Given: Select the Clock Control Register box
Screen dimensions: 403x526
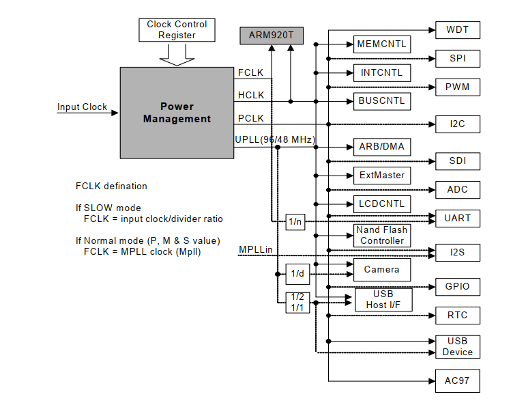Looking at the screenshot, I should pos(177,29).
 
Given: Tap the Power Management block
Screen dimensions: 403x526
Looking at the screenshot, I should pos(177,113).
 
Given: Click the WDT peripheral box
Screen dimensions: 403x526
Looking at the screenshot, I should pos(457,30).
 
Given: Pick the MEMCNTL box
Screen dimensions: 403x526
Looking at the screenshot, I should pos(381,44).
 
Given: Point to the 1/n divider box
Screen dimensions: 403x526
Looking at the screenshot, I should pos(295,221).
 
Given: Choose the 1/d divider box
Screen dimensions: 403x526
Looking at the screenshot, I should pos(297,273).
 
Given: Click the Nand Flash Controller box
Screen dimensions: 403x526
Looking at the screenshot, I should pos(382,236).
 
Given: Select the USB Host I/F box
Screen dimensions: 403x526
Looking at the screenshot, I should pos(383,300).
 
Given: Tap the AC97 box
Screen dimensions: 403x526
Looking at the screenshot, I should pos(457,380).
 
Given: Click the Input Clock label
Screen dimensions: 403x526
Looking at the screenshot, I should pos(82,107).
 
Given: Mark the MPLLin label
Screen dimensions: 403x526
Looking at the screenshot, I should pos(256,249).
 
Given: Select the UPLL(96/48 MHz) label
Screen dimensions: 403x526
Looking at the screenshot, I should pos(275,140).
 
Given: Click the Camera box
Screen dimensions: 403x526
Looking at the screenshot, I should pos(381,269).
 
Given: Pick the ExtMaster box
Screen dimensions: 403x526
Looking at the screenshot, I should pos(381,175).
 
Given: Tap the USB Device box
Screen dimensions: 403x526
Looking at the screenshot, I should pos(457,346).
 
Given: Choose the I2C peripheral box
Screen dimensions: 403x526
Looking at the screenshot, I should pos(457,124).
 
